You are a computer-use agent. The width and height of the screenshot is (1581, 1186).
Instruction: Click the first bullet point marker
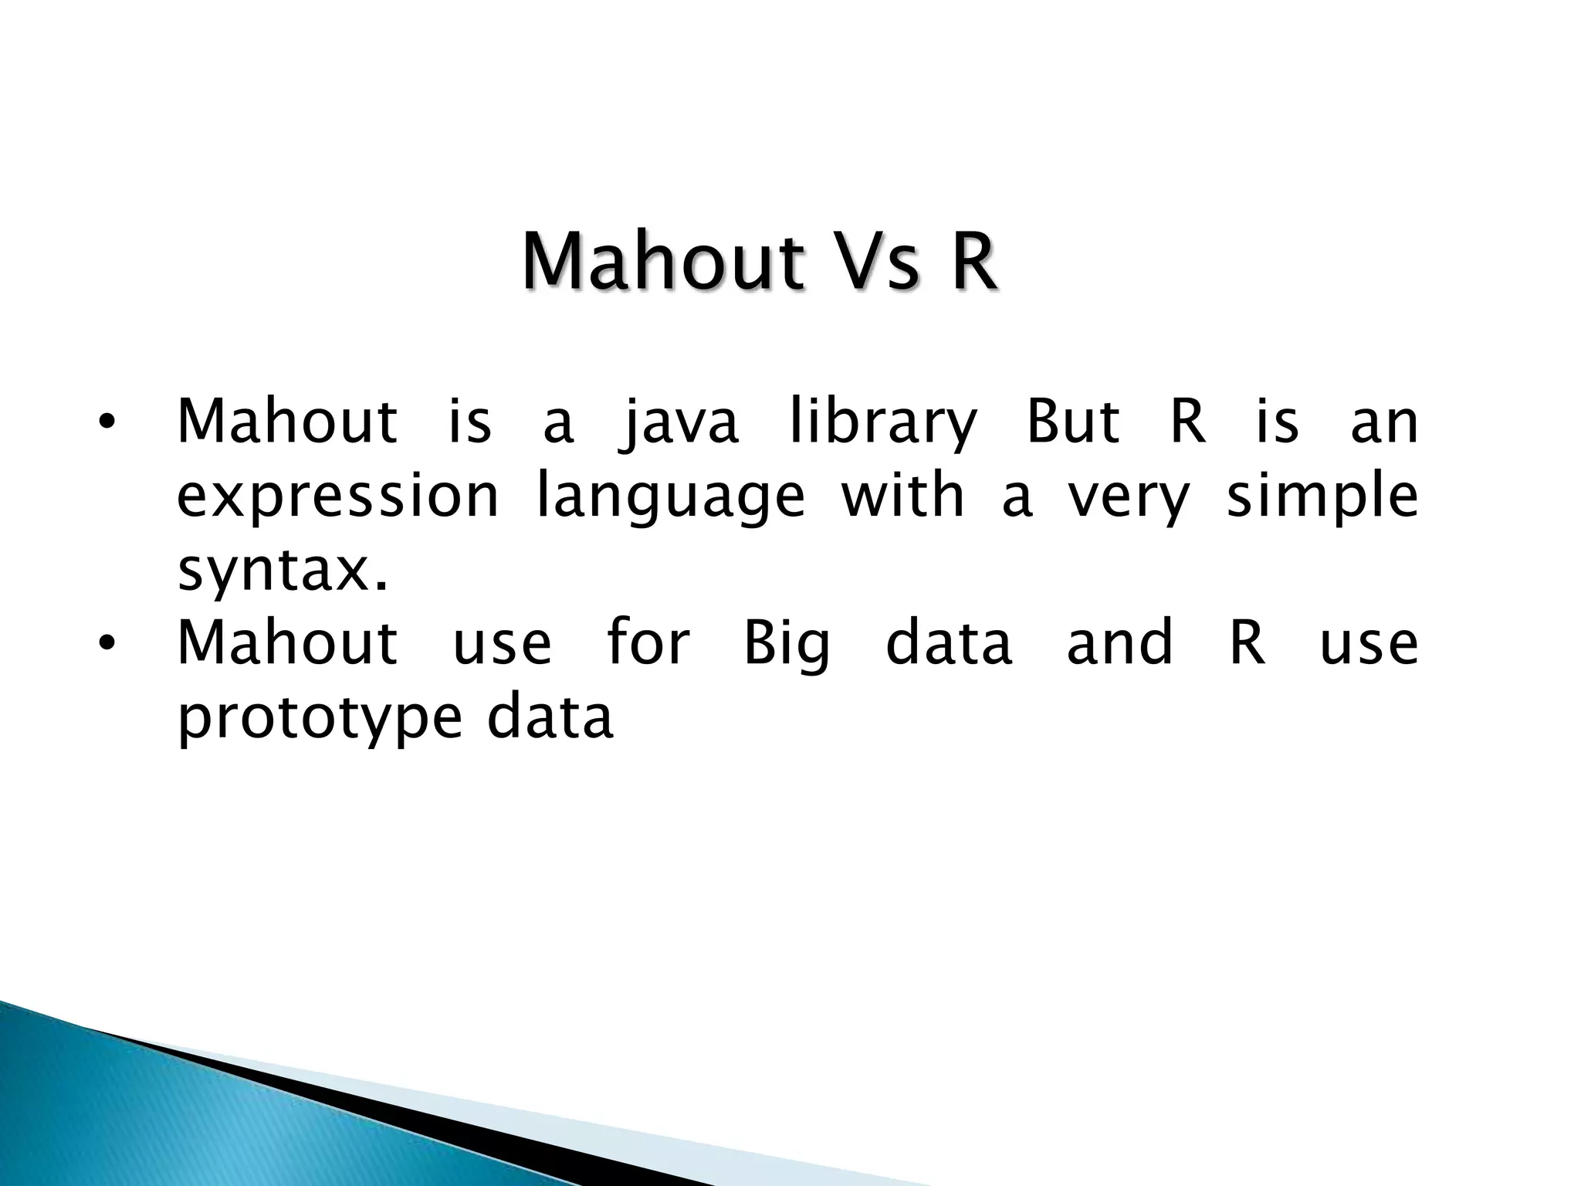coord(107,423)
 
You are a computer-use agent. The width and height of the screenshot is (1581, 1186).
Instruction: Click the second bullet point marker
coord(107,643)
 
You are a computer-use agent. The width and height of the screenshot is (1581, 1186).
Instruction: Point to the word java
coord(679,423)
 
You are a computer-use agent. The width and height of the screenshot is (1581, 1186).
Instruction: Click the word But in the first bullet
coord(1072,422)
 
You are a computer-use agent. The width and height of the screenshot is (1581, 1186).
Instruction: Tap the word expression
coord(338,498)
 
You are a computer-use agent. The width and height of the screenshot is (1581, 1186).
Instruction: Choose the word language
coord(670,498)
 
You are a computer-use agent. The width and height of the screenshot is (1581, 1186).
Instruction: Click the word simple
coord(1322,498)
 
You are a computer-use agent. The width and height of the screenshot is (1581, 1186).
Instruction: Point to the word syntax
coord(282,571)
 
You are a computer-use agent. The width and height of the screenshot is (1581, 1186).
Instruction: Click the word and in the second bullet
coord(1119,642)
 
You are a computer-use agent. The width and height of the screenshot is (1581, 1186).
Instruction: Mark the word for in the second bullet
coord(647,642)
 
